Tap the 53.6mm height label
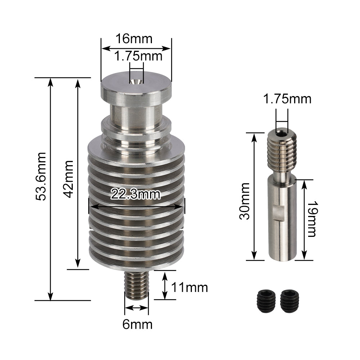pos(42,176)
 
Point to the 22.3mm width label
pos(136,194)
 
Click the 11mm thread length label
pos(189,288)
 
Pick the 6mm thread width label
pos(137,324)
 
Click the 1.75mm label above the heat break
pos(287,98)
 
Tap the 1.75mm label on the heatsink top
pos(138,56)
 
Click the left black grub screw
pos(266,301)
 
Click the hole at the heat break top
pos(282,133)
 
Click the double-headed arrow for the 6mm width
pos(136,308)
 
